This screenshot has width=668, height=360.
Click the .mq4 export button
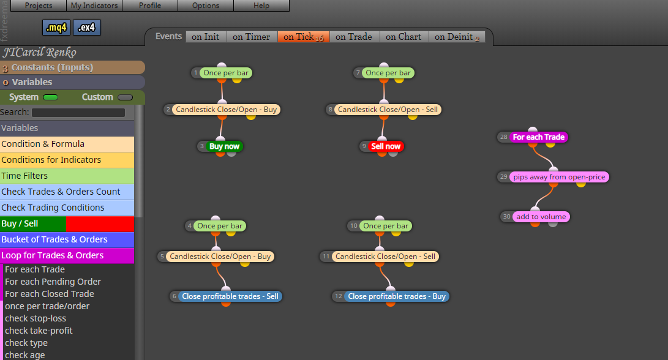56,28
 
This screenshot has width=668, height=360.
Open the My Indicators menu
94,6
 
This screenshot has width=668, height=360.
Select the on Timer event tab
252,37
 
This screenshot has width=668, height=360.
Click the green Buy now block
225,146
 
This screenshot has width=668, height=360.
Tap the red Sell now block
386,146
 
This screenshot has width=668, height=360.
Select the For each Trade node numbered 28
538,137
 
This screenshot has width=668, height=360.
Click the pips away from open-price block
559,177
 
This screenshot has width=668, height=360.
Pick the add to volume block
541,216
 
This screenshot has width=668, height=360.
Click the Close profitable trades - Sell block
230,296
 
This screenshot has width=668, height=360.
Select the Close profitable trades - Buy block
397,296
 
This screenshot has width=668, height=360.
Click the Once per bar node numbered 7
388,73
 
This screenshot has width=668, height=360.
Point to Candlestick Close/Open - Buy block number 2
226,110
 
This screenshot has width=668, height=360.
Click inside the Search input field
78,113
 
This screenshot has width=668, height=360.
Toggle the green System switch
50,97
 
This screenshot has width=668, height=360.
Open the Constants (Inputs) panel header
72,67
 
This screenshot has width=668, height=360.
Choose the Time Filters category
67,176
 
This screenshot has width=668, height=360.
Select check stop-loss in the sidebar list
36,318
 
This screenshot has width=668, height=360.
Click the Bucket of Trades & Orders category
67,239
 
